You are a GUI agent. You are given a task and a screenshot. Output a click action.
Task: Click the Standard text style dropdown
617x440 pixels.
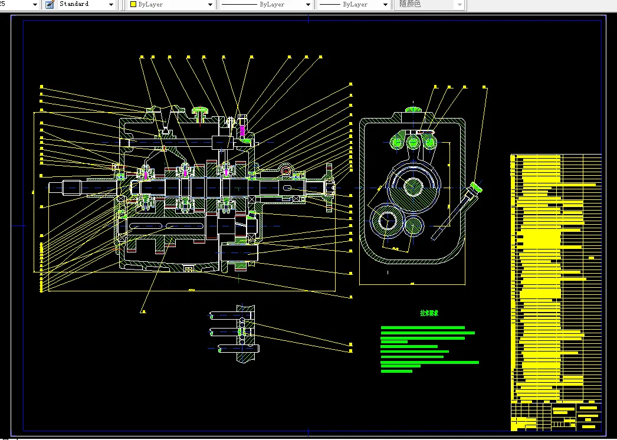[86, 4]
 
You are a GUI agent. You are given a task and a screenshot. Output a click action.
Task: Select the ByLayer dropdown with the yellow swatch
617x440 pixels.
[171, 4]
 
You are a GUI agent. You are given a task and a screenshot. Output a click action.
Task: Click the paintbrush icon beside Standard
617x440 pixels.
[49, 4]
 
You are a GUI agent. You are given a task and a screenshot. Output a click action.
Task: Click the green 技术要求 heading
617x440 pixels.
[429, 313]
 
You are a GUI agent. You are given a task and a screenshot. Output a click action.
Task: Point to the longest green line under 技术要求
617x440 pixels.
[430, 362]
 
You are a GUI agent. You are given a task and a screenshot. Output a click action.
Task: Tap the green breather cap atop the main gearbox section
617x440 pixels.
[201, 110]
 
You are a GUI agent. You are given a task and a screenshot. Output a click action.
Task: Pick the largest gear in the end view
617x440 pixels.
[412, 188]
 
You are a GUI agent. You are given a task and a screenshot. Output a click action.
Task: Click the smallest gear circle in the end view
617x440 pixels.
[414, 225]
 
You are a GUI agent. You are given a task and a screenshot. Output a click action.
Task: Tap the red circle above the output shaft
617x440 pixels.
[287, 172]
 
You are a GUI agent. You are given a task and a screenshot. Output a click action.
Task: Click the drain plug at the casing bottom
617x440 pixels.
[189, 270]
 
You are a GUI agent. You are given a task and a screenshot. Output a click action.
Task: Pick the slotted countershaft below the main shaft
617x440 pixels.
[165, 226]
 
